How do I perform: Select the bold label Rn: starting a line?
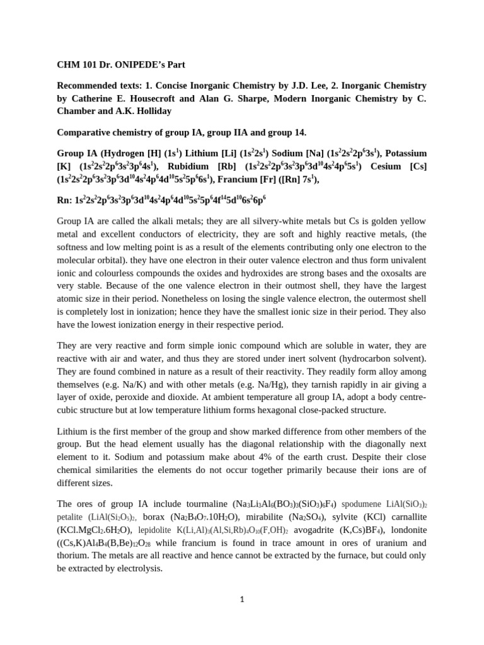click(65, 200)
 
